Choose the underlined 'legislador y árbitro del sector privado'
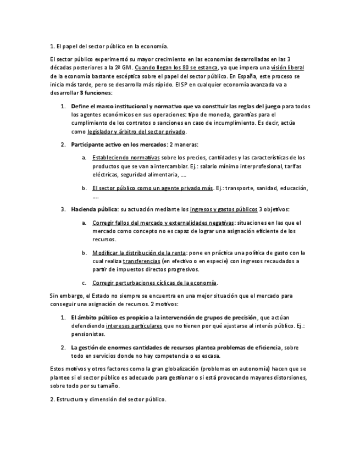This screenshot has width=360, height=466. point(137,132)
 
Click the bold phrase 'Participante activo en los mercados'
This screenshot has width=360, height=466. point(119,145)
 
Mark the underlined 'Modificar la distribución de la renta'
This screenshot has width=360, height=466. point(139,253)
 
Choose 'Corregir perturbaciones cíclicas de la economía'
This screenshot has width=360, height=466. point(154,282)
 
